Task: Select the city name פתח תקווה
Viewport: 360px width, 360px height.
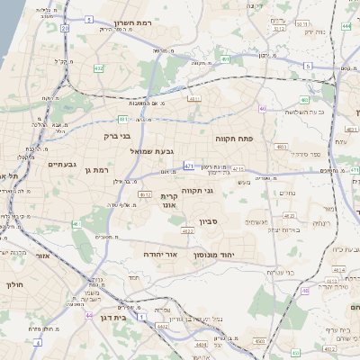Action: tap(237, 139)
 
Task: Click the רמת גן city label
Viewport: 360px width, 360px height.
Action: tap(94, 169)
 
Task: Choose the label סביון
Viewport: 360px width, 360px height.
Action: tap(198, 220)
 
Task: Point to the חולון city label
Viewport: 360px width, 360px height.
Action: tap(13, 284)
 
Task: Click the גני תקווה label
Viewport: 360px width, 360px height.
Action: tap(196, 191)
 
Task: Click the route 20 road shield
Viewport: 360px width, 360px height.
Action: tap(65, 29)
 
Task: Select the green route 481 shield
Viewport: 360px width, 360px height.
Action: tap(123, 118)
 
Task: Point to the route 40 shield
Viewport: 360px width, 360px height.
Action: tap(263, 109)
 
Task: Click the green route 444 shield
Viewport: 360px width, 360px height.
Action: tap(346, 26)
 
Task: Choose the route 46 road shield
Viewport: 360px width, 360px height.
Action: tap(305, 291)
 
